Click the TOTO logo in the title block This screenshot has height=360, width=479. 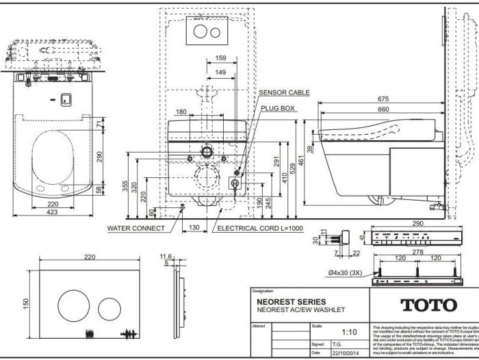(428, 305)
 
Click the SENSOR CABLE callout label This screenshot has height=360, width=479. (284, 92)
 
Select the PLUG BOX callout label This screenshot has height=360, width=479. (277, 108)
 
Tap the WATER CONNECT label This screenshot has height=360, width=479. (135, 228)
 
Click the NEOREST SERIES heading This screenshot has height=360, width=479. (291, 301)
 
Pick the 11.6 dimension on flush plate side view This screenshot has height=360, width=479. (166, 257)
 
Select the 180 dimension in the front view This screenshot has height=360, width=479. (181, 112)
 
